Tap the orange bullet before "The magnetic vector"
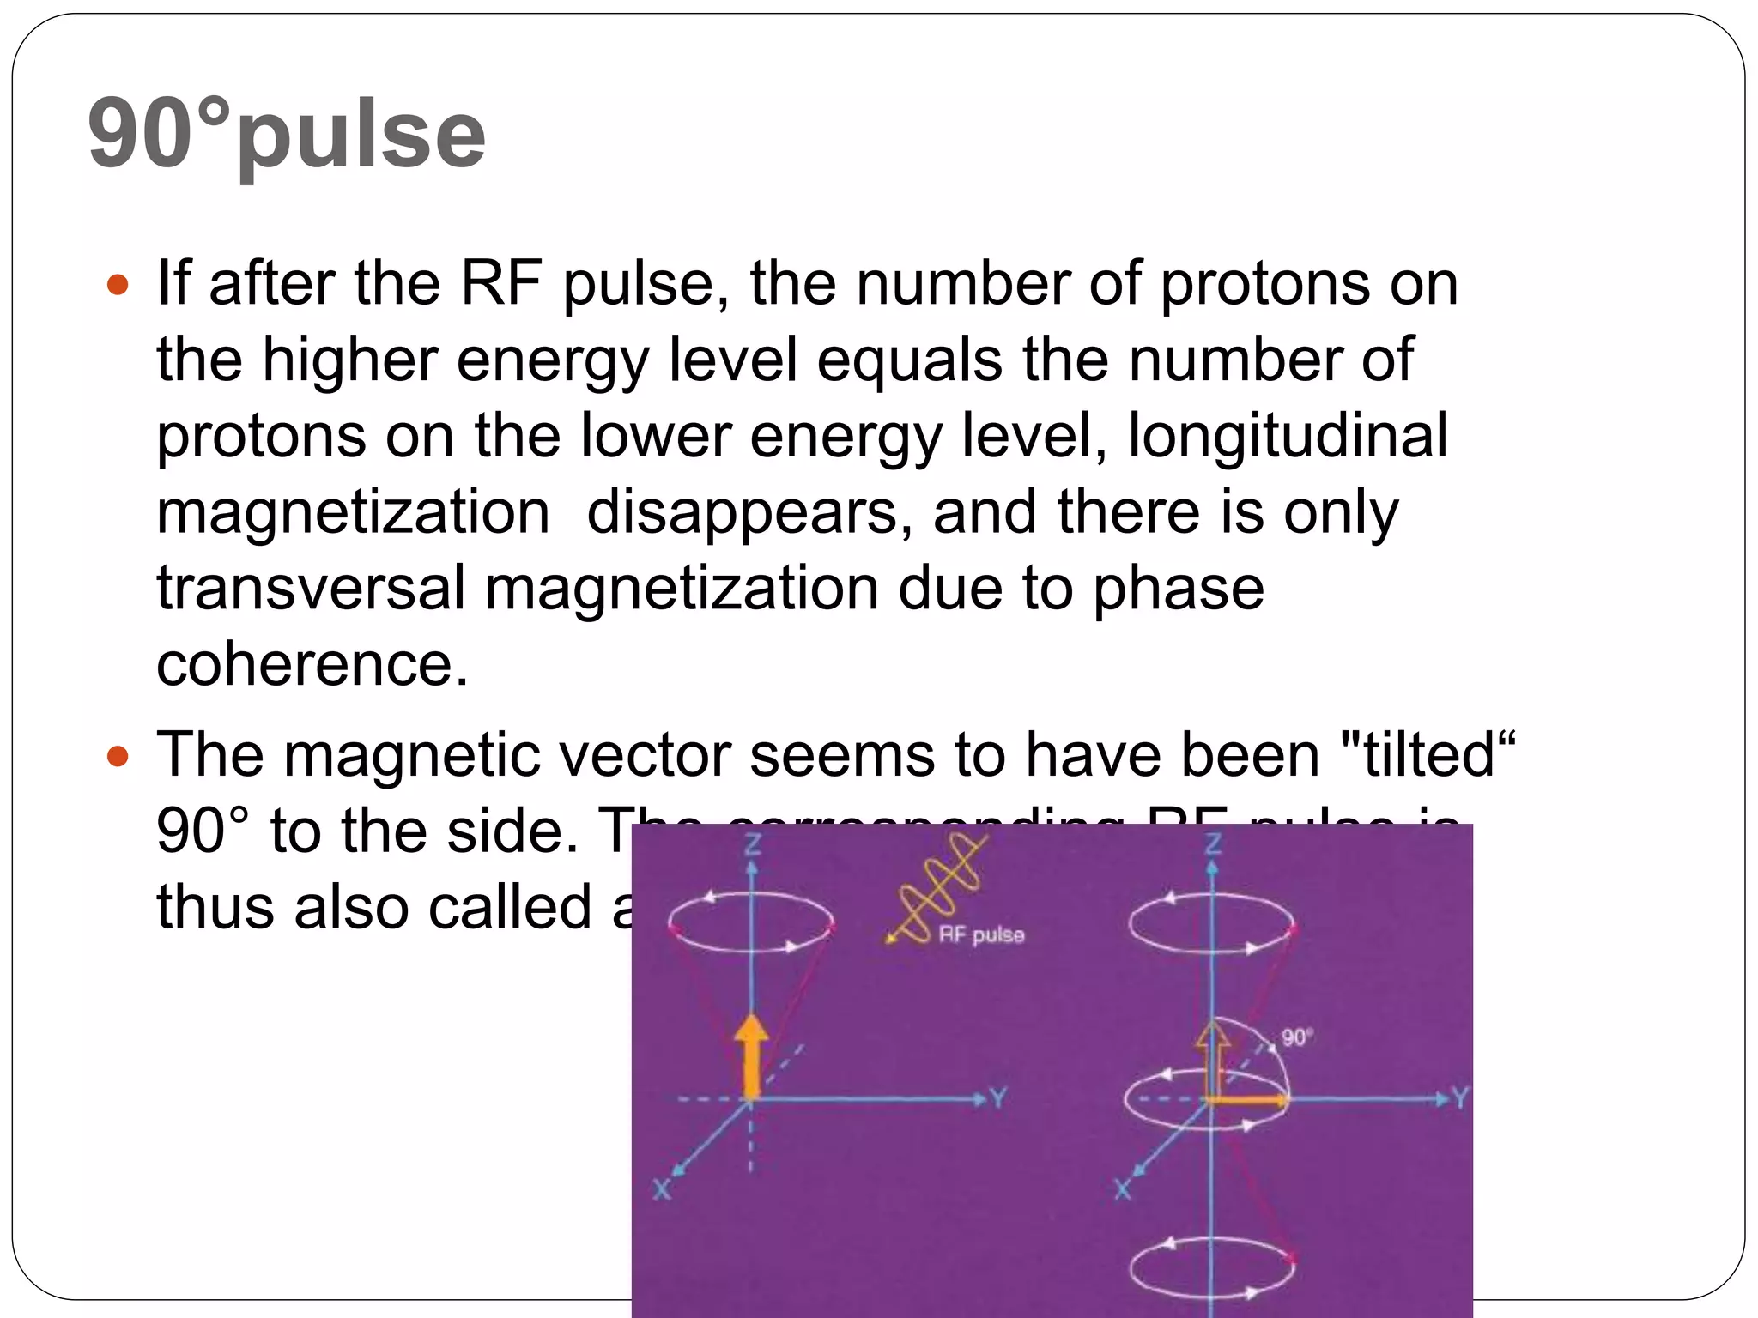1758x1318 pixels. tap(118, 756)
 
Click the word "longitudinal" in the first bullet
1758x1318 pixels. tap(1288, 436)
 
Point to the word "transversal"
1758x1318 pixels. tap(310, 589)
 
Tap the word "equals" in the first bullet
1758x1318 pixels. tap(909, 360)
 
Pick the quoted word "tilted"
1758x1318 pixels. tap(1430, 755)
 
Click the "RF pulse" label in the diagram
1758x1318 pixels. tap(981, 934)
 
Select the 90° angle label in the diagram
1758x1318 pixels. tap(1297, 1037)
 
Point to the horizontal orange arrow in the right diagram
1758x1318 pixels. tap(1249, 1099)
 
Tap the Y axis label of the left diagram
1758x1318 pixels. tap(997, 1097)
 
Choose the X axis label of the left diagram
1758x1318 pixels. tap(662, 1190)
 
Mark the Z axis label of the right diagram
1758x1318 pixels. tap(1213, 846)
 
